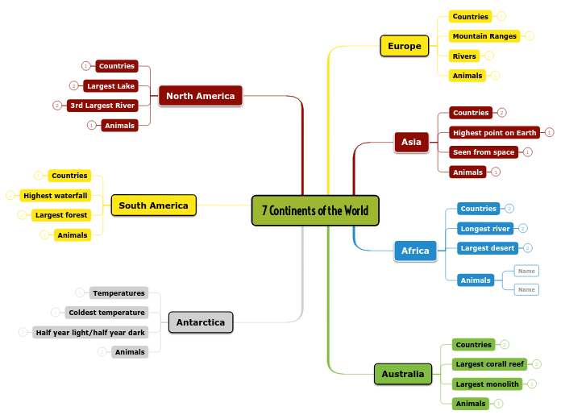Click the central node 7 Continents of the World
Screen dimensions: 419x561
point(314,211)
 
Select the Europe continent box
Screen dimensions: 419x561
point(404,46)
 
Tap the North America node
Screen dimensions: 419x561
point(200,96)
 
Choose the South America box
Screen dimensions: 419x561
point(153,205)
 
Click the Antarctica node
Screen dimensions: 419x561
point(201,322)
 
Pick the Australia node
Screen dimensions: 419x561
point(402,374)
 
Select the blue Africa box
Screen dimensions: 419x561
point(415,251)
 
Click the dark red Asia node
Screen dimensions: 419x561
point(411,142)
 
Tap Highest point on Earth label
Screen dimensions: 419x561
point(494,132)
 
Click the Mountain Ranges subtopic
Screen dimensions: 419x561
point(484,36)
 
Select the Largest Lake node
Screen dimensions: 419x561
point(112,85)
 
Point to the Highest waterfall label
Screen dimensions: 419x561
point(56,195)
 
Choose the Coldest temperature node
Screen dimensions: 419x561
point(106,313)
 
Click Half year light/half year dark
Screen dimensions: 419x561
point(90,332)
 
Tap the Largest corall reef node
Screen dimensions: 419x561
point(489,364)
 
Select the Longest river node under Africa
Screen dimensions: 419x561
point(484,229)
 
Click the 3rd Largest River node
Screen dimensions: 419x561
point(102,106)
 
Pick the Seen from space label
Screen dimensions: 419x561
point(484,151)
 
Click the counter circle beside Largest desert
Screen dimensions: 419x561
point(528,248)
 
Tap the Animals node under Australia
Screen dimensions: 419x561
point(471,403)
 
